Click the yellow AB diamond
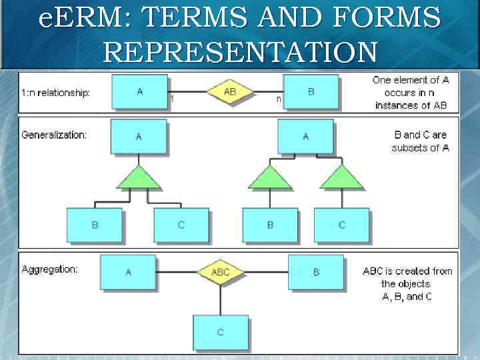coord(229,92)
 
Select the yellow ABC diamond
coord(221,272)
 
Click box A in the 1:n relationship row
coord(139,91)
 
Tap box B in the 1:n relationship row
coord(311,91)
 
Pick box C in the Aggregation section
coord(221,332)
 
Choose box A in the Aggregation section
coord(129,272)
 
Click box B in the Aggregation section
coord(316,272)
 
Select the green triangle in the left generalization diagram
coord(139,177)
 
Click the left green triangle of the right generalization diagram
coord(269,177)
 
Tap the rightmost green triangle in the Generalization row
coord(341,177)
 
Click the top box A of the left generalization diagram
coord(139,137)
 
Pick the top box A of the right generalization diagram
coord(305,137)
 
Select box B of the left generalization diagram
coord(95,225)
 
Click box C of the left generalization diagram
coord(181,225)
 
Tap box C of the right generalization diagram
coord(342,225)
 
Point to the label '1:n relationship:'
coord(55,93)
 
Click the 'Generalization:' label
coord(54,135)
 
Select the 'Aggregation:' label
coord(50,269)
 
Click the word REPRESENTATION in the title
coord(240,51)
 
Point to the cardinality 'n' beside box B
coord(279,99)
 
